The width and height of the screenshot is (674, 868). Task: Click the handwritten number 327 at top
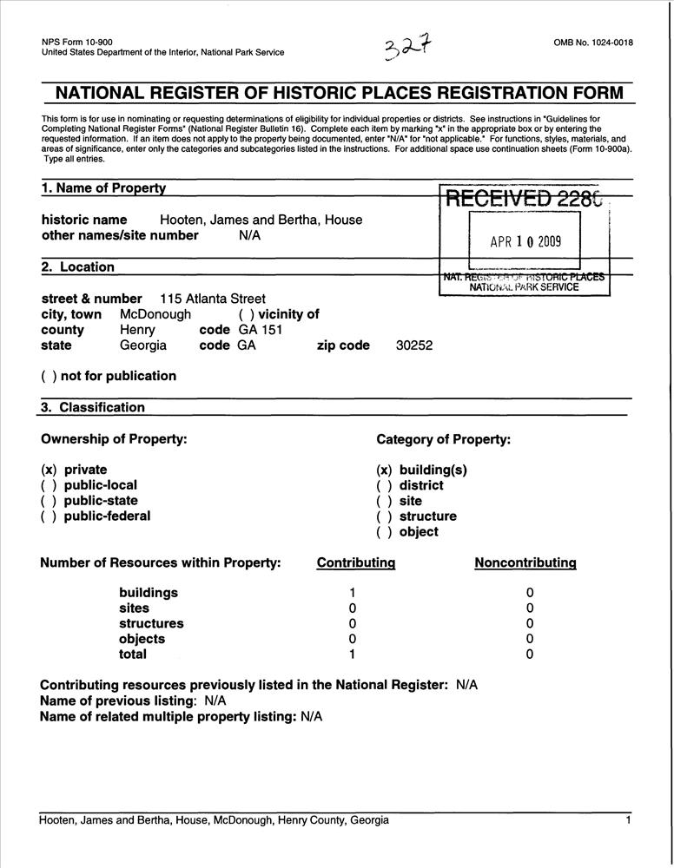(406, 49)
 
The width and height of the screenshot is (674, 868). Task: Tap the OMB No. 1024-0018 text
(592, 43)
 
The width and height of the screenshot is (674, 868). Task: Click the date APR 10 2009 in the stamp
(525, 242)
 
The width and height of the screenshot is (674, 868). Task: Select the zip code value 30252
(414, 345)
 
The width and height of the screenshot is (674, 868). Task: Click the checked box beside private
(49, 470)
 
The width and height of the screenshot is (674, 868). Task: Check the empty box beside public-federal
(49, 516)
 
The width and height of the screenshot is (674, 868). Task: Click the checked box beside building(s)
(384, 470)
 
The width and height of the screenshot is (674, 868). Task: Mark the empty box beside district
(384, 485)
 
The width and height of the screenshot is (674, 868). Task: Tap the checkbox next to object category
(384, 532)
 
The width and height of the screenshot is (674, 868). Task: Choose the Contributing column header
(356, 562)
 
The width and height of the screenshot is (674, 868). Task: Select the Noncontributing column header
(525, 562)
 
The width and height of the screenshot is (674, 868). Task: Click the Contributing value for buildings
(352, 593)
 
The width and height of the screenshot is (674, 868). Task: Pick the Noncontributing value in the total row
(530, 654)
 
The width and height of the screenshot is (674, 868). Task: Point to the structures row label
(151, 623)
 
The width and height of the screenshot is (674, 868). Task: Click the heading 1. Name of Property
(103, 188)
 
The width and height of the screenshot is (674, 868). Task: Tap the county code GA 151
(260, 330)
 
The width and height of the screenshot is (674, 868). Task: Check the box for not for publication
(49, 376)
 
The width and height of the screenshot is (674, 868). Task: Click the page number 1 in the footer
(627, 820)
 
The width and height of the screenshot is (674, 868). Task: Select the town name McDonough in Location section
(155, 314)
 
